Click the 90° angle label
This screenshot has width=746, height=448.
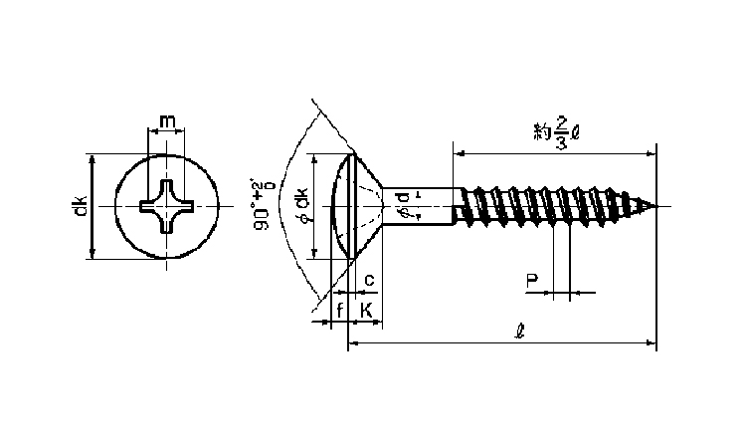tap(263, 207)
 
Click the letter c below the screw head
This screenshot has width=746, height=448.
tap(368, 280)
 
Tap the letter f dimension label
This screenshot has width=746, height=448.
tap(340, 311)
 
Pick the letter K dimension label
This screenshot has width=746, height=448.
tap(366, 311)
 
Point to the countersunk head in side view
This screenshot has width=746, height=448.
tap(363, 206)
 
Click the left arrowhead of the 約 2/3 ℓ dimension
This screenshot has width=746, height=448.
tap(459, 152)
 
